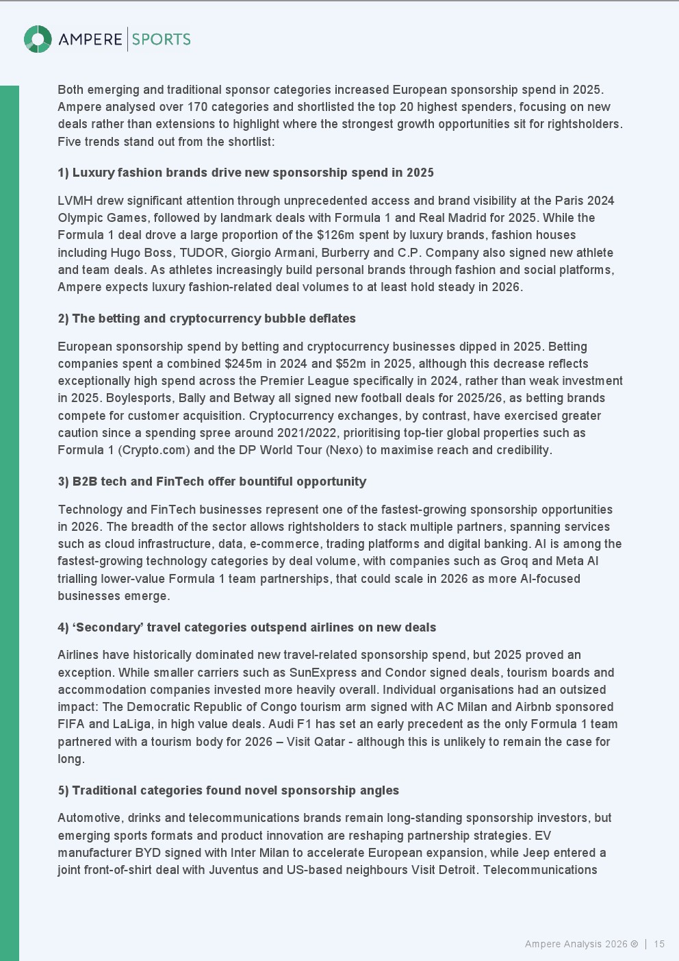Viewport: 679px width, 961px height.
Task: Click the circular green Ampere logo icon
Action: click(38, 39)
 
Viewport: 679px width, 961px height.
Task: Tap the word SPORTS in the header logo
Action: click(162, 40)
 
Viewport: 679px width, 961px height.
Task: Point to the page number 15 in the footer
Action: click(659, 944)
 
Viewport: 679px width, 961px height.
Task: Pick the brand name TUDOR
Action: click(200, 253)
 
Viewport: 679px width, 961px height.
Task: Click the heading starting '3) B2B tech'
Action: click(212, 482)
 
